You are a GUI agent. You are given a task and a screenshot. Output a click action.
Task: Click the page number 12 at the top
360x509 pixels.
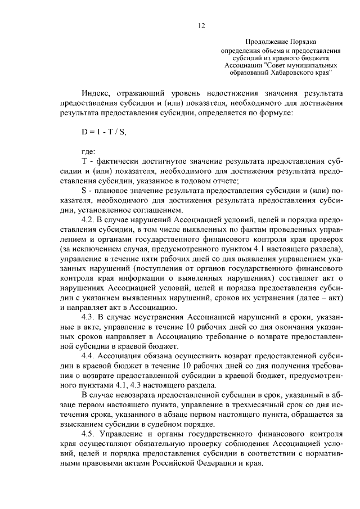pos(201,25)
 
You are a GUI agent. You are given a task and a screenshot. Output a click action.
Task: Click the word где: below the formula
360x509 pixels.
pos(89,151)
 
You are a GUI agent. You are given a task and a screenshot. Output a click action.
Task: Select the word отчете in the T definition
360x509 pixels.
pos(225,180)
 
